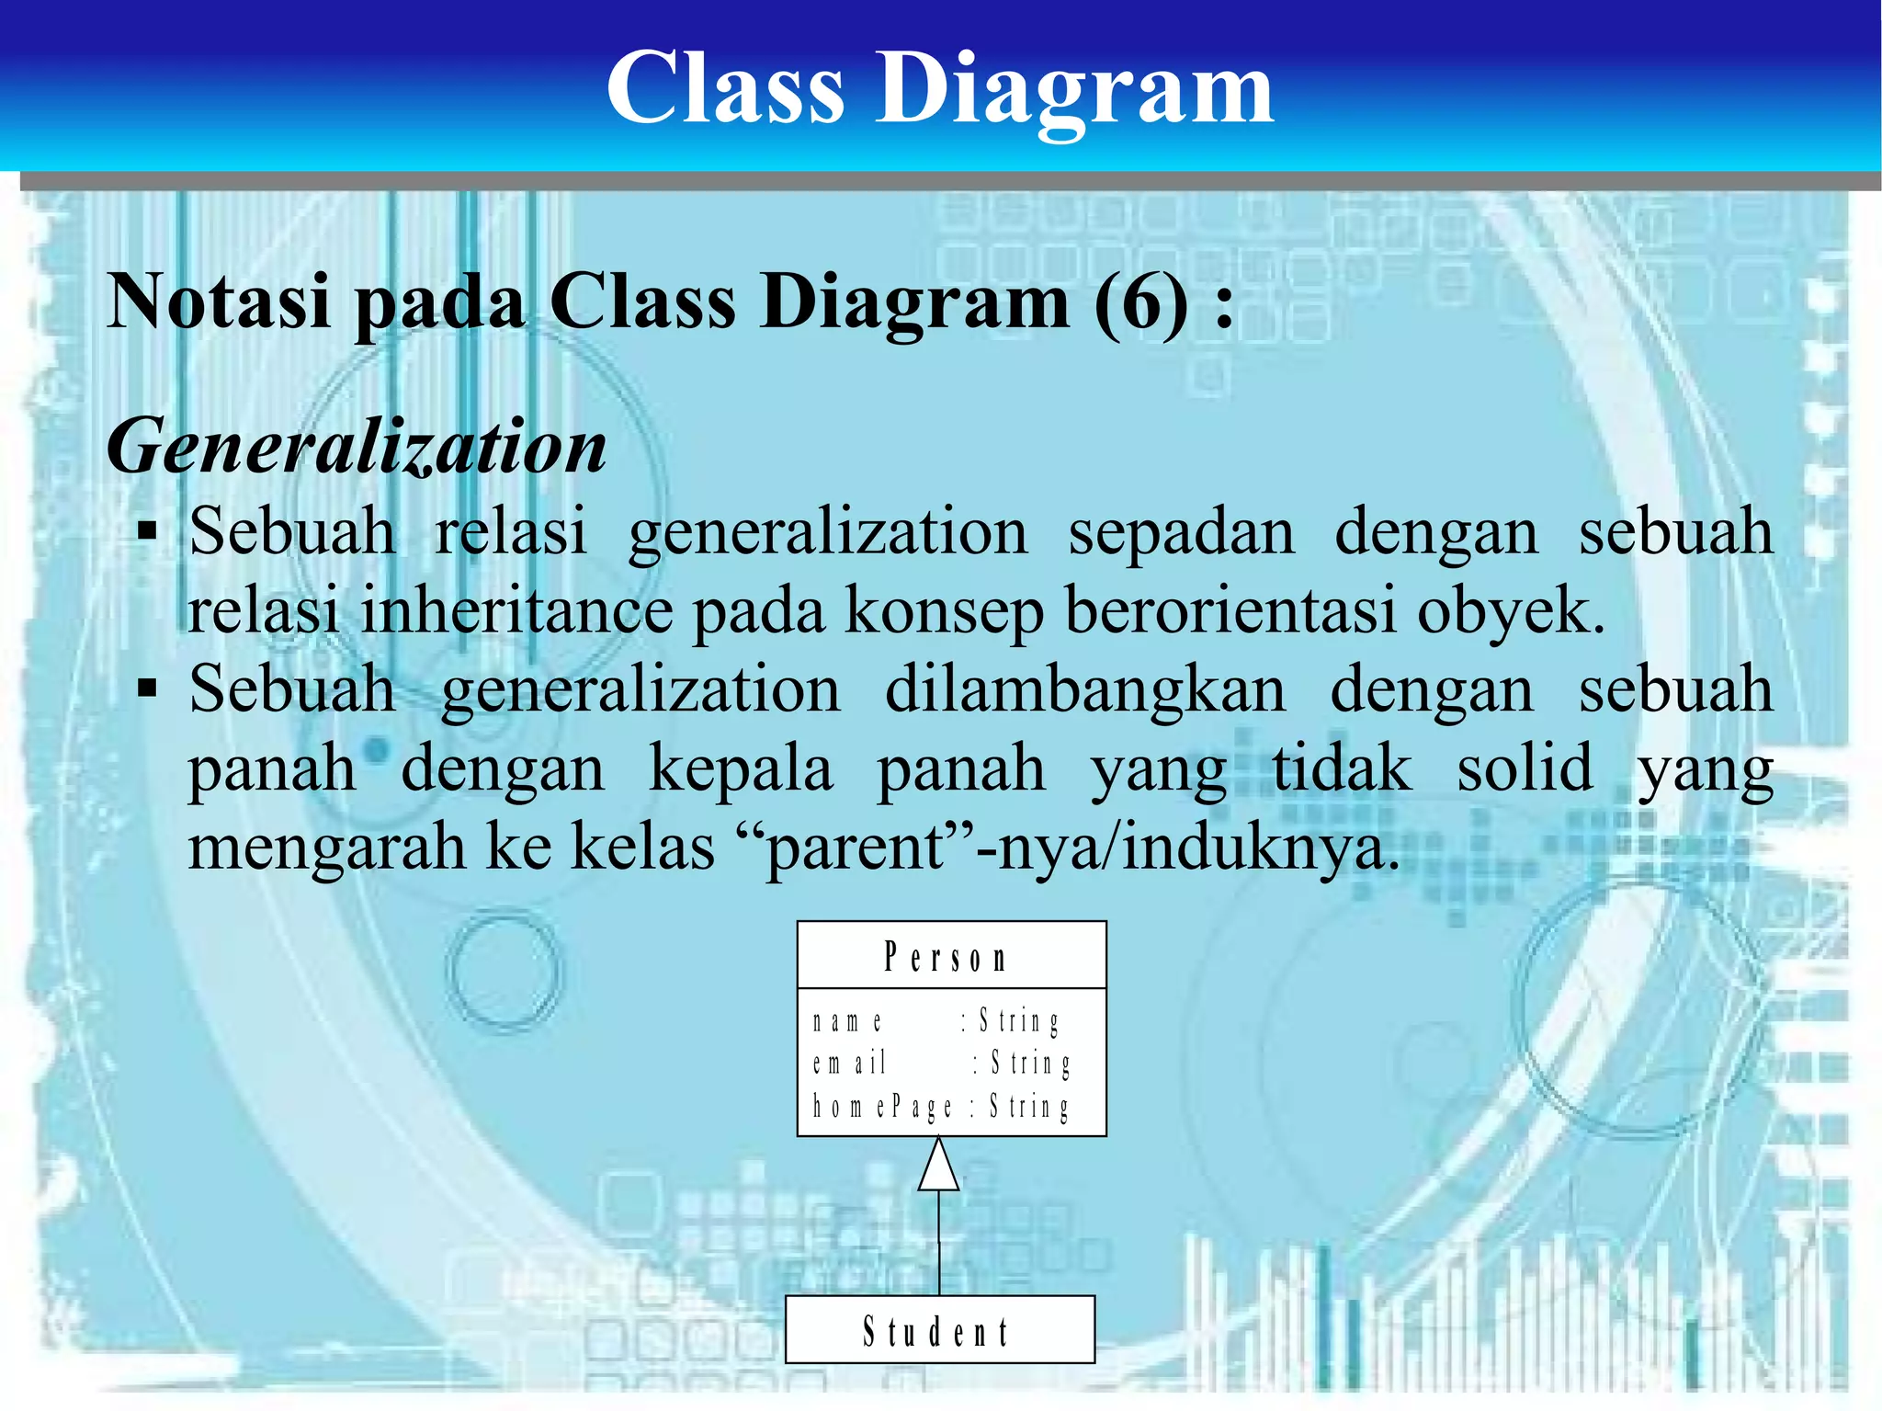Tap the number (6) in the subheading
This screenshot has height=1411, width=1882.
pyautogui.click(x=1140, y=302)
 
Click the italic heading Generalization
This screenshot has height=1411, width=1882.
pyautogui.click(x=357, y=447)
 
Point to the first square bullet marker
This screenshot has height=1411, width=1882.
pyautogui.click(x=147, y=532)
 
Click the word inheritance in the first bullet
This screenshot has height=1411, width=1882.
pyautogui.click(x=516, y=610)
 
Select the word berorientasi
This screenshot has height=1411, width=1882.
pyautogui.click(x=1230, y=610)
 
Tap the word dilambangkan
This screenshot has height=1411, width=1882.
pyautogui.click(x=1084, y=689)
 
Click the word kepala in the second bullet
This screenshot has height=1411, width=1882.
pyautogui.click(x=741, y=768)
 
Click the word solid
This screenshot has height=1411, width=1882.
pyautogui.click(x=1525, y=768)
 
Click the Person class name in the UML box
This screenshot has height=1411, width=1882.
pyautogui.click(x=946, y=958)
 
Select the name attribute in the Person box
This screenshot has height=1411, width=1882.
pyautogui.click(x=847, y=1021)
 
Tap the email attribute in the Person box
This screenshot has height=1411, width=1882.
pyautogui.click(x=849, y=1064)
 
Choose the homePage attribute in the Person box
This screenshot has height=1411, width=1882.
pyautogui.click(x=882, y=1106)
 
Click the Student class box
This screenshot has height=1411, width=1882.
pyautogui.click(x=939, y=1330)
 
